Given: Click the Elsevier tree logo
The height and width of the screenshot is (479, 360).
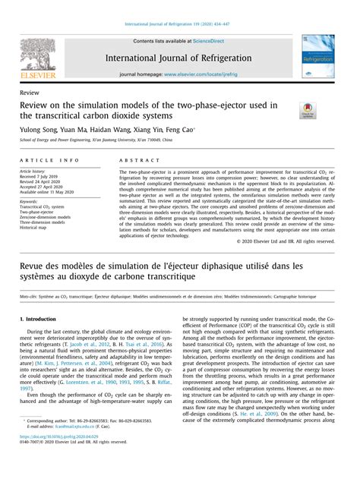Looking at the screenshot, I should [x=47, y=51].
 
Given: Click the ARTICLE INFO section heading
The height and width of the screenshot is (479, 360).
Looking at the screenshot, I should [x=69, y=162].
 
